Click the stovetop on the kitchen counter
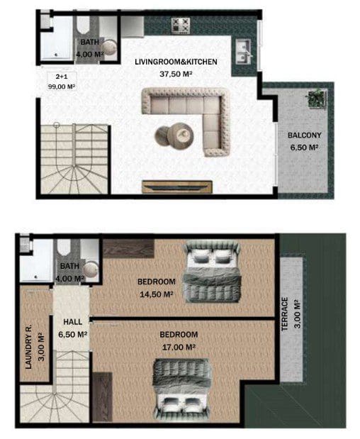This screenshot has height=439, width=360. pyautogui.click(x=181, y=26)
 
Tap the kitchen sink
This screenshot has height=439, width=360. pyautogui.click(x=243, y=52)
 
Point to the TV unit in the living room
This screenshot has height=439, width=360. pyautogui.click(x=177, y=187)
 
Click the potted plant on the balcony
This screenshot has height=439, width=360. pyautogui.click(x=317, y=99)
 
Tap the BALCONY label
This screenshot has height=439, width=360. pyautogui.click(x=304, y=135)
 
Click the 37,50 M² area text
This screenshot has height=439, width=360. pyautogui.click(x=176, y=74)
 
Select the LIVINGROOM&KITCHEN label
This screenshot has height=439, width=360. pyautogui.click(x=176, y=62)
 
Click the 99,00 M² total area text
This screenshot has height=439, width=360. pyautogui.click(x=62, y=87)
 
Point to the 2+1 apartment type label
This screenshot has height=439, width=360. pyautogui.click(x=62, y=77)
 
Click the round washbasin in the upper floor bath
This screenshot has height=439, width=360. pyautogui.click(x=90, y=269)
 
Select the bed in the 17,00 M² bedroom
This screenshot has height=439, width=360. pyautogui.click(x=183, y=389)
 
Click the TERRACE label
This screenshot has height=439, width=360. pyautogui.click(x=284, y=314)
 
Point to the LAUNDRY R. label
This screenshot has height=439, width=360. pyautogui.click(x=28, y=347)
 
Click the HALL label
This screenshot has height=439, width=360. pyautogui.click(x=73, y=322)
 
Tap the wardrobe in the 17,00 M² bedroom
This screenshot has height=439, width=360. pyautogui.click(x=102, y=396)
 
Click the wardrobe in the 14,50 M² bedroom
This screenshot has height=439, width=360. pyautogui.click(x=128, y=248)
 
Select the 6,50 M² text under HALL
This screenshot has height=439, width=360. pyautogui.click(x=73, y=334)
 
